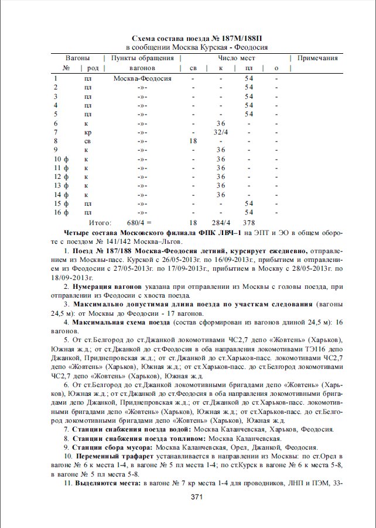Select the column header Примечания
click(x=317, y=58)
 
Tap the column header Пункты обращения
click(x=142, y=58)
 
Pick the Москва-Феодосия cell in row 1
click(x=142, y=78)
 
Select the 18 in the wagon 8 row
click(x=193, y=141)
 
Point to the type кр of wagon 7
click(x=88, y=132)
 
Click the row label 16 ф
click(x=61, y=212)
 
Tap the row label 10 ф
click(x=61, y=159)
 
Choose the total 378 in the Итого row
click(x=249, y=223)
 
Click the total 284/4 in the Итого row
click(x=221, y=223)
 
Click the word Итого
click(x=100, y=223)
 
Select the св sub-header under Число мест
click(x=193, y=68)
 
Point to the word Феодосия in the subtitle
click(x=251, y=47)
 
